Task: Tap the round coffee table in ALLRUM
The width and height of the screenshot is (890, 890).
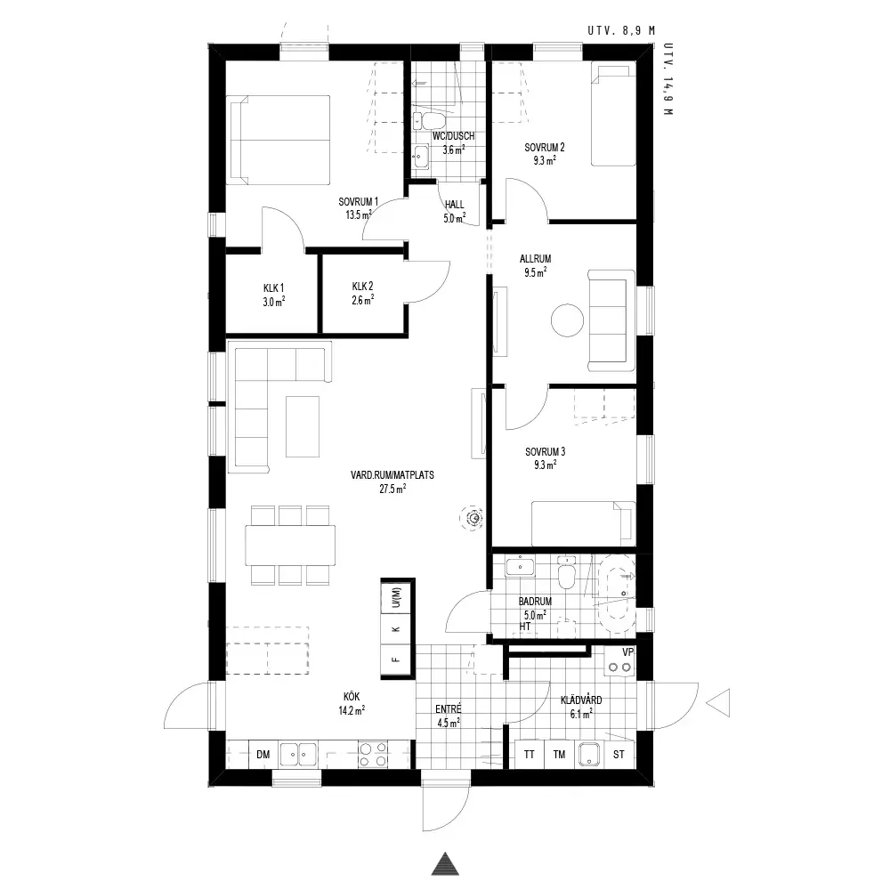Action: pos(567,320)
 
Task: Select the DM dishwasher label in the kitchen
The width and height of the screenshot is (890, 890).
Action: pos(263,755)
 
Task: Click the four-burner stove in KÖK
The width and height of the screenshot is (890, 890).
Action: pos(373,755)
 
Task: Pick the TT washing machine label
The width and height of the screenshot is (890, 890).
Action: pos(529,755)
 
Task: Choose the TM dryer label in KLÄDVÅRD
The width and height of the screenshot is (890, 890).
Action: pos(559,755)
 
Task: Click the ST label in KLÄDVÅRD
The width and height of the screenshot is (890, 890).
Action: pos(619,755)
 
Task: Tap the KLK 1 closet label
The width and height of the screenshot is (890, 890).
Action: pos(273,288)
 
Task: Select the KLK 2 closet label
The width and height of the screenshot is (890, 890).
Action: pos(363,287)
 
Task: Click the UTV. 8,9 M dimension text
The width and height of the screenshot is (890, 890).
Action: pos(621,30)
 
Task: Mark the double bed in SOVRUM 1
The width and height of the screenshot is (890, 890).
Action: pos(278,140)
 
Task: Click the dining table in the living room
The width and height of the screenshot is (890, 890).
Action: pos(290,545)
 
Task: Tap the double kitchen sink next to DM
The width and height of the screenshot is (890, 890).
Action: pos(298,755)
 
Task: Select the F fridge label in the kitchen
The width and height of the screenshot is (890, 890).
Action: pos(396,659)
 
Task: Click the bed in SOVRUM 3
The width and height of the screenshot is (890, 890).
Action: pos(583,523)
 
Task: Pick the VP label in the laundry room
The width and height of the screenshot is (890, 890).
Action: pos(627,652)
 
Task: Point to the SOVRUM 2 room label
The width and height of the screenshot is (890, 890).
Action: pos(545,148)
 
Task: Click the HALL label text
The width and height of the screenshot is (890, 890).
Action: pos(454,205)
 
